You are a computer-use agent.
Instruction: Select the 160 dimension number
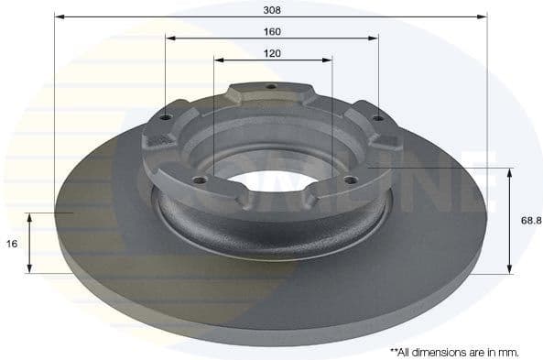[272, 31]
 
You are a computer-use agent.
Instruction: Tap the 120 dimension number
[272, 54]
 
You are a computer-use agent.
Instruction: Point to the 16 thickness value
[12, 244]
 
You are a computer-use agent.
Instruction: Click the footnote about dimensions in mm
[454, 351]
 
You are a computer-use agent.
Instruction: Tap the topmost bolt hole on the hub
[270, 89]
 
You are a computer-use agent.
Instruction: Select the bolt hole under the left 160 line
[166, 116]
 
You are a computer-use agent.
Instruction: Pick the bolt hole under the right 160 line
[377, 117]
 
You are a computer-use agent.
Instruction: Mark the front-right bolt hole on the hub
[348, 180]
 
